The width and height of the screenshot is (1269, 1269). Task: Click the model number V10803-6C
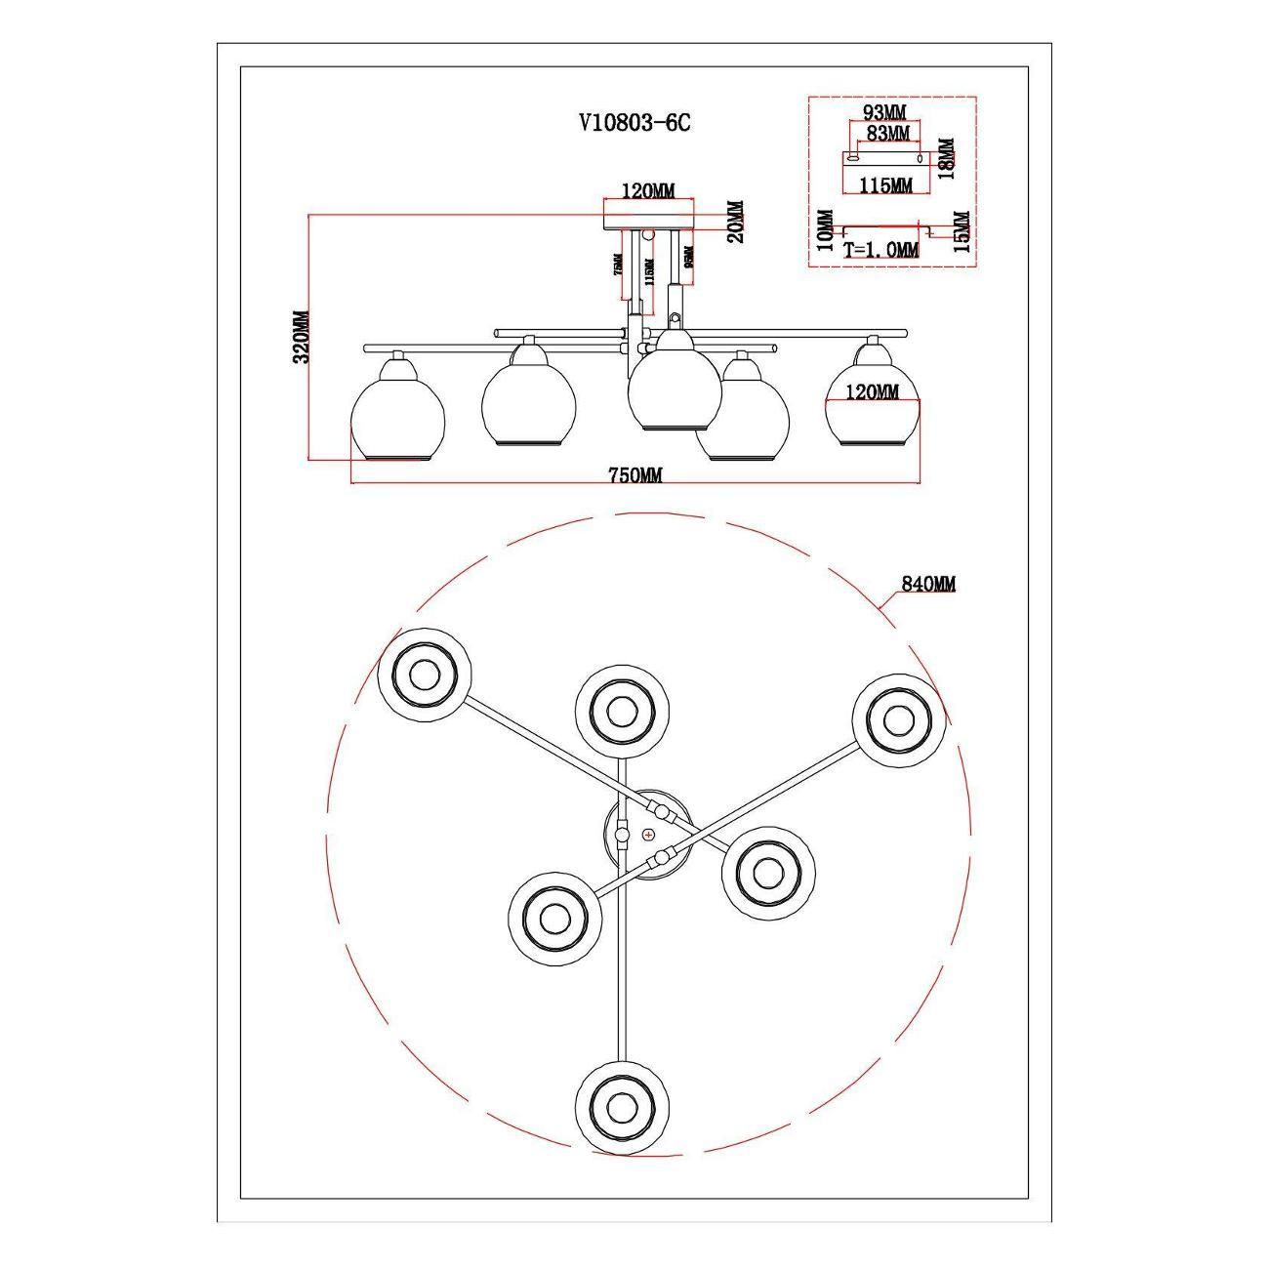coord(634,123)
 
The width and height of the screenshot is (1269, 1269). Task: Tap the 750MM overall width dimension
coord(635,475)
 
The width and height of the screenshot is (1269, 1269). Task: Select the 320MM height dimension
coord(301,336)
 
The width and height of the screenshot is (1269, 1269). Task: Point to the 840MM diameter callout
coord(928,584)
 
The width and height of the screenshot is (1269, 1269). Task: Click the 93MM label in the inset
coord(885,113)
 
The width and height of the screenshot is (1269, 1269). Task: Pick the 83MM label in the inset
coord(887,132)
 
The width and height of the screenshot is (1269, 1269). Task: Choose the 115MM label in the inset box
coord(886,184)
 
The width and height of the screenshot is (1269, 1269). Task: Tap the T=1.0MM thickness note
coord(881,250)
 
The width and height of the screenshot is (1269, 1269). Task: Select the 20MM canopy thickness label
coord(736,222)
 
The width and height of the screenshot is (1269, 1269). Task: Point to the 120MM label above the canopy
coord(648,191)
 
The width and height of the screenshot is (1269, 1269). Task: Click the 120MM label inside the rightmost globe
coord(873,392)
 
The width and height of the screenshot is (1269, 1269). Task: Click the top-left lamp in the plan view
coord(425,674)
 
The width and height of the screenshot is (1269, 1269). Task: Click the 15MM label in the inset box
coord(961,232)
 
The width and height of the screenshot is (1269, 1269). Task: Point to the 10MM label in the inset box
coord(825,231)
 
